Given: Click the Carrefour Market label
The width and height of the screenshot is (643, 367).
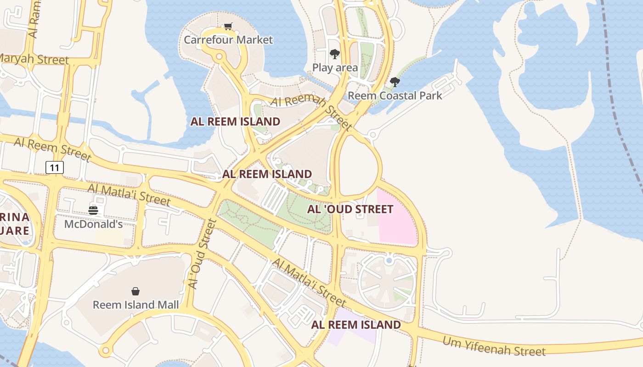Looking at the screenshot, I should pyautogui.click(x=228, y=40).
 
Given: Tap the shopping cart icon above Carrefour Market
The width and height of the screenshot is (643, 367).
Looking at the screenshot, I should pyautogui.click(x=228, y=27).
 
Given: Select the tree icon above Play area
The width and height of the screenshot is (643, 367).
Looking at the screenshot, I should pyautogui.click(x=335, y=54).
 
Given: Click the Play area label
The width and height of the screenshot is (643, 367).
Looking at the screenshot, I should pyautogui.click(x=335, y=68).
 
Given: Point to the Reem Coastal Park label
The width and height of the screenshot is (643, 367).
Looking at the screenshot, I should pyautogui.click(x=395, y=95).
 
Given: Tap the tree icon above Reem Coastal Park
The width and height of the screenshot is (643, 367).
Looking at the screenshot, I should pyautogui.click(x=395, y=82).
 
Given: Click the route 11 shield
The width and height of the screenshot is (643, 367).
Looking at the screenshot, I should pyautogui.click(x=55, y=167).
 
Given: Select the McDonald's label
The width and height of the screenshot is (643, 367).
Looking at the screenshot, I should pyautogui.click(x=93, y=224).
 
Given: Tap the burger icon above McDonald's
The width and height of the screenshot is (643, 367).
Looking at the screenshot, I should pyautogui.click(x=93, y=211).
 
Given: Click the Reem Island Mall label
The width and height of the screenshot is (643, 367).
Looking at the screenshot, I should pyautogui.click(x=135, y=305).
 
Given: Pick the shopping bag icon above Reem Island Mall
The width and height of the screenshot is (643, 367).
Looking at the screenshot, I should pyautogui.click(x=135, y=291).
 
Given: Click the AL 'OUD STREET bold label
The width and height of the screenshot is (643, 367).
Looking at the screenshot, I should pyautogui.click(x=350, y=209).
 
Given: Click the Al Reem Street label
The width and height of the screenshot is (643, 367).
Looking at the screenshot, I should pyautogui.click(x=52, y=149).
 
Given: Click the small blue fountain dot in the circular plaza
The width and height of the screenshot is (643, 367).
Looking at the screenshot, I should pyautogui.click(x=389, y=261).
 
